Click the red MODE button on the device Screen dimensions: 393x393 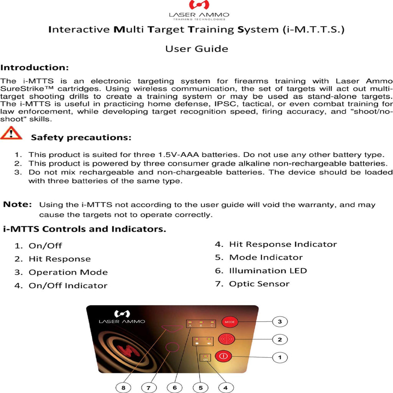pyautogui.click(x=230, y=322)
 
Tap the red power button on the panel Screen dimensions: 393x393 pyautogui.click(x=224, y=357)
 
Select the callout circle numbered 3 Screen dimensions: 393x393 pyautogui.click(x=280, y=322)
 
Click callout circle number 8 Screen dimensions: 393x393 pyautogui.click(x=123, y=387)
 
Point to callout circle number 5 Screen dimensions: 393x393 pyautogui.click(x=201, y=387)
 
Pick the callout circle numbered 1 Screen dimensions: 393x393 pyautogui.click(x=280, y=357)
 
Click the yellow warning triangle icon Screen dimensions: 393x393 pyautogui.click(x=11, y=134)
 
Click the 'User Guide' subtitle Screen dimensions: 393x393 pyautogui.click(x=196, y=49)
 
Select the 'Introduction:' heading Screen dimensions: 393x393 pyautogui.click(x=35, y=68)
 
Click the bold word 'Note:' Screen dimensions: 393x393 pyautogui.click(x=17, y=205)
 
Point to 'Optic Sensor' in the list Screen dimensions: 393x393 pyautogui.click(x=259, y=284)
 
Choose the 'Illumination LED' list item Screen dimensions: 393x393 pyautogui.click(x=268, y=271)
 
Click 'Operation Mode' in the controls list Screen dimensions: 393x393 pyautogui.click(x=68, y=272)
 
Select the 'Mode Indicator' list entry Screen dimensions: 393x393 pyautogui.click(x=266, y=258)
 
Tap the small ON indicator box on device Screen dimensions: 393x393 pyautogui.click(x=206, y=358)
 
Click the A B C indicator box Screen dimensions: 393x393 pyautogui.click(x=201, y=323)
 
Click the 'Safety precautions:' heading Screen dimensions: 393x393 pyautogui.click(x=81, y=137)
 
